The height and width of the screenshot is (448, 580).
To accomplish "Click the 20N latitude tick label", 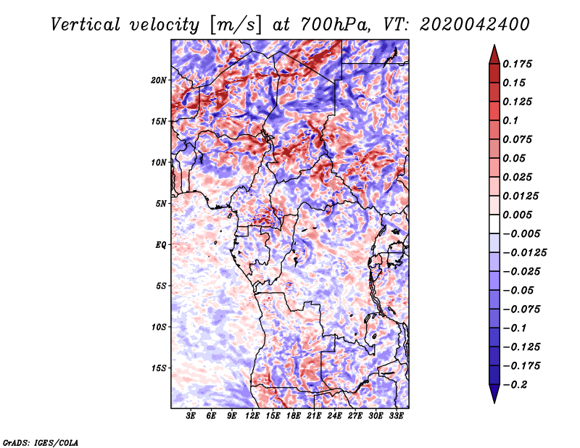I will (159, 80).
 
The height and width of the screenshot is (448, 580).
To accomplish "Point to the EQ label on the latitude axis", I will (160, 244).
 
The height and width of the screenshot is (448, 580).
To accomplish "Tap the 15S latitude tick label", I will (159, 368).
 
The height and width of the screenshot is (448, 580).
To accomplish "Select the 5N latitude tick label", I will (161, 203).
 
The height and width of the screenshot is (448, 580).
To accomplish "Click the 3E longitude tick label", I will (191, 417).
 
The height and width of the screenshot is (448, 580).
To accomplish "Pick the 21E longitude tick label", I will (314, 417).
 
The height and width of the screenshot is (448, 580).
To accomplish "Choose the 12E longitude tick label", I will (252, 417).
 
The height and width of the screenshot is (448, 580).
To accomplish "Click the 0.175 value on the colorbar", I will (519, 64).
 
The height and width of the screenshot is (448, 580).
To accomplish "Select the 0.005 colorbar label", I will (519, 215).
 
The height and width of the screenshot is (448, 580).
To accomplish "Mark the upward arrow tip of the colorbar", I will (494, 46).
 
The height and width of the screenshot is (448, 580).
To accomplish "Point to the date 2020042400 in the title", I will (469, 24).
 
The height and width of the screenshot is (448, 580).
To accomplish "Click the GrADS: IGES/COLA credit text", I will (41, 441).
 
